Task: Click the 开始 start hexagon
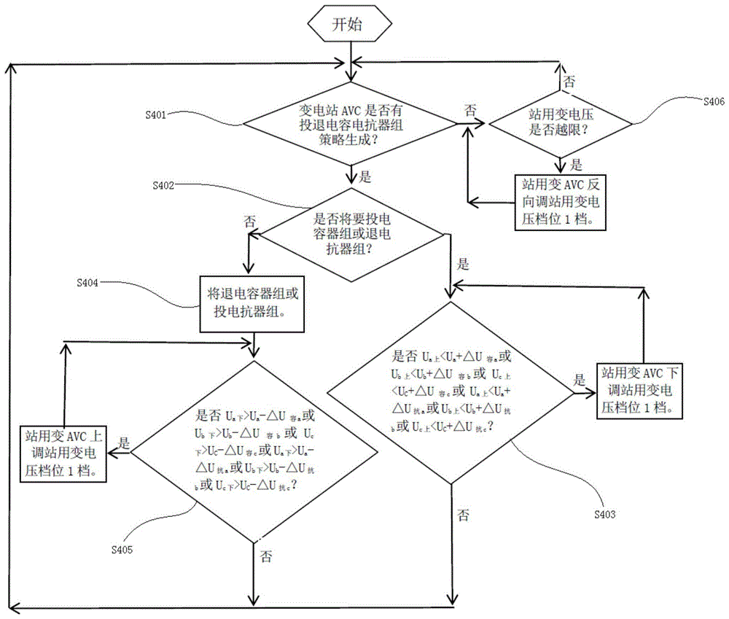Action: point(351,24)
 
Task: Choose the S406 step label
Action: point(713,101)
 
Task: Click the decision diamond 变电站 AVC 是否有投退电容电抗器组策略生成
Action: point(352,123)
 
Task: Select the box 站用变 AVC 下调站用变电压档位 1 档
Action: point(642,389)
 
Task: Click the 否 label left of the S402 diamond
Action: point(249,221)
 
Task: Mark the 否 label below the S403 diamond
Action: point(462,515)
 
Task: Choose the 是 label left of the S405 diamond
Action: point(124,442)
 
